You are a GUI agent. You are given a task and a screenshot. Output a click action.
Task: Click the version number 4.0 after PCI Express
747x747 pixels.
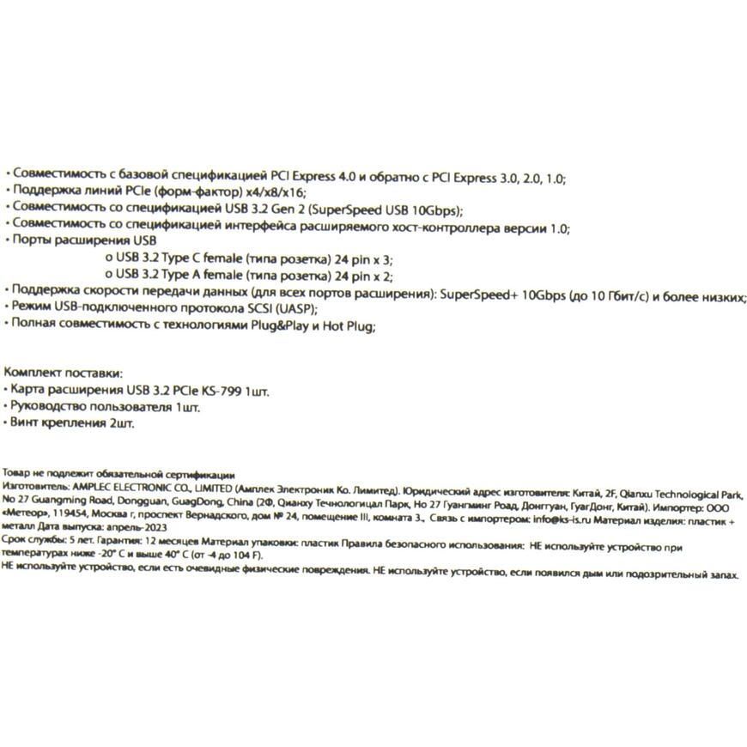click(x=345, y=178)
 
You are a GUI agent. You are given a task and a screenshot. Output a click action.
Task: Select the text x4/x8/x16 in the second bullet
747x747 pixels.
click(x=279, y=194)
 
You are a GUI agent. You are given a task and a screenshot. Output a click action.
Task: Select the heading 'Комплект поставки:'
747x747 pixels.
click(x=63, y=373)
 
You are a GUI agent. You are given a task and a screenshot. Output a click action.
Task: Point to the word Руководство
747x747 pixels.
click(x=48, y=407)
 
